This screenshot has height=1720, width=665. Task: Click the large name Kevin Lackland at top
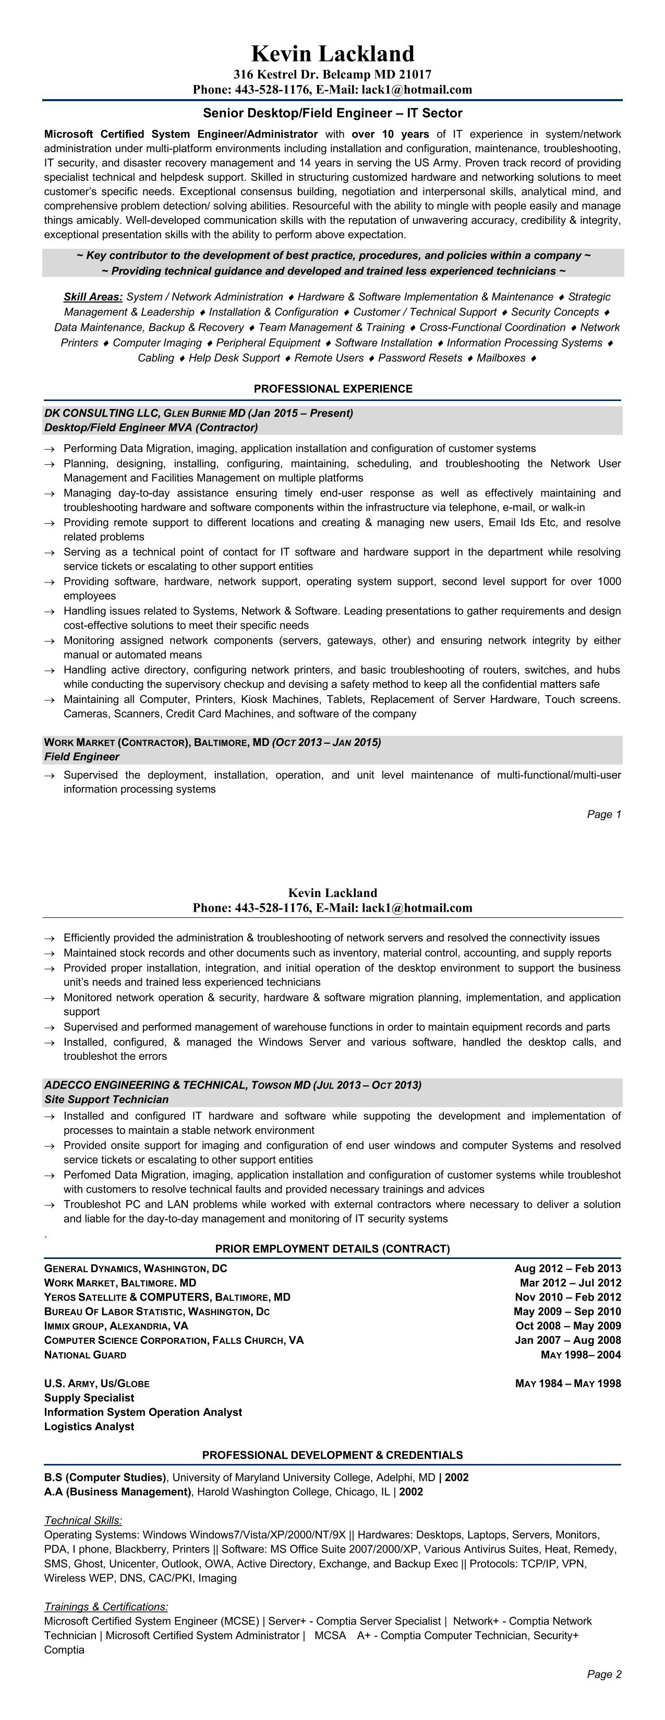(x=333, y=53)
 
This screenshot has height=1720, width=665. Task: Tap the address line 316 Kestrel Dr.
(x=333, y=75)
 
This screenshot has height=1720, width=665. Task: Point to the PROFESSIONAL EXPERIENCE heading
(x=333, y=389)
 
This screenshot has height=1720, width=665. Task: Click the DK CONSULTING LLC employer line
(x=198, y=413)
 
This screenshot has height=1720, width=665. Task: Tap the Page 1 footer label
(x=603, y=815)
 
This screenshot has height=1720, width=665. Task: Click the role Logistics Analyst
(x=89, y=1427)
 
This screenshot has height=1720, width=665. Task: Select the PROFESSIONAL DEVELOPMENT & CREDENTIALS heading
(x=333, y=1456)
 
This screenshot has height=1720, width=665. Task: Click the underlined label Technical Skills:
(x=83, y=1521)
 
